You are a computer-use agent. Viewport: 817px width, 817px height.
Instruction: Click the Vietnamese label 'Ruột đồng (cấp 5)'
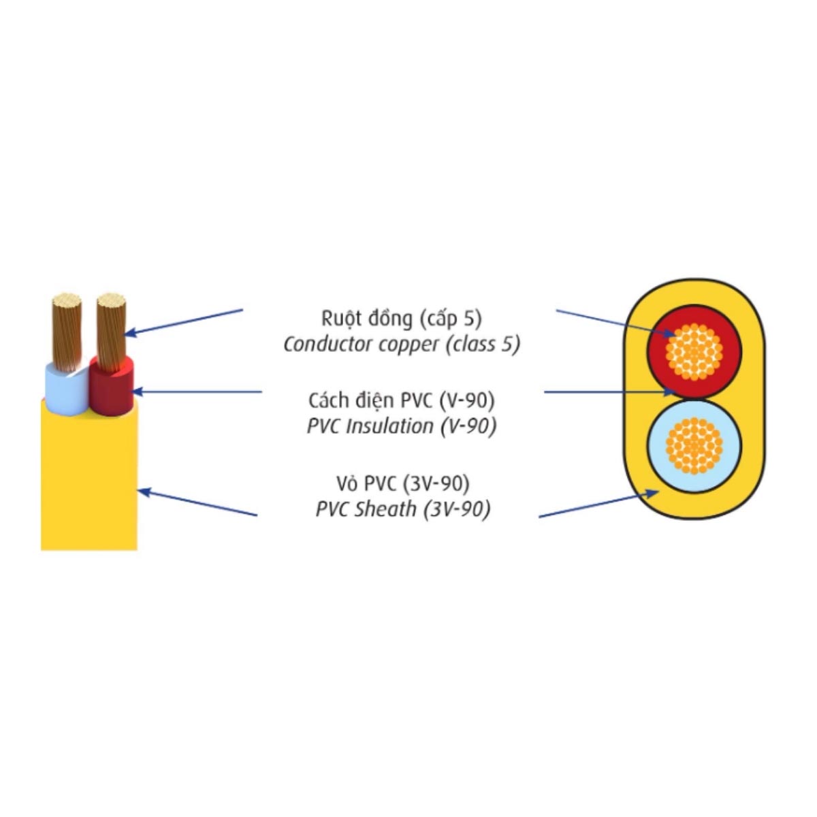pyautogui.click(x=401, y=318)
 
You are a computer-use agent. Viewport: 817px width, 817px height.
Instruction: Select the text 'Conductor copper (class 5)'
pyautogui.click(x=401, y=345)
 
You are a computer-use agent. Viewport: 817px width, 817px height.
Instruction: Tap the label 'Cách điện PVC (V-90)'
pyautogui.click(x=401, y=400)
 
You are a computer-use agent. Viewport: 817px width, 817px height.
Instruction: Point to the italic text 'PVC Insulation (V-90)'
pyautogui.click(x=401, y=427)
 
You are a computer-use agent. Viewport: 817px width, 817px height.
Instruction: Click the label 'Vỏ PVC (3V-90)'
pyautogui.click(x=402, y=483)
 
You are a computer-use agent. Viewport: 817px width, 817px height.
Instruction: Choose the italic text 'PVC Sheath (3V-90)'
pyautogui.click(x=402, y=509)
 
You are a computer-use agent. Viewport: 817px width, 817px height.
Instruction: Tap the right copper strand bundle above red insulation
pyautogui.click(x=112, y=327)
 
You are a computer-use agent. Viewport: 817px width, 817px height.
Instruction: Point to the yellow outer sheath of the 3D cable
pyautogui.click(x=89, y=483)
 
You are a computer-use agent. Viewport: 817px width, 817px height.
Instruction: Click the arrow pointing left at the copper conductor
pyautogui.click(x=184, y=321)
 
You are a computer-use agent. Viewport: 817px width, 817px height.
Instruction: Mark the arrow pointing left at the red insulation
pyautogui.click(x=197, y=391)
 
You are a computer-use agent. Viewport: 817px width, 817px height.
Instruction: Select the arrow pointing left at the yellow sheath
pyautogui.click(x=197, y=502)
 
